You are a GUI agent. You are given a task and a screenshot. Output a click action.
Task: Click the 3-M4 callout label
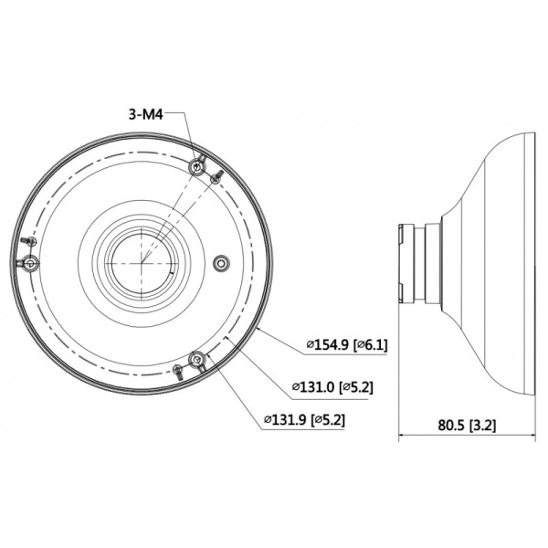(x=144, y=115)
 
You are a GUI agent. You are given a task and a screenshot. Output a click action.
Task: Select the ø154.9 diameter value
(x=328, y=345)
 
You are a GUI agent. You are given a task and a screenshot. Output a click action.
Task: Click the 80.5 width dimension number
(x=449, y=425)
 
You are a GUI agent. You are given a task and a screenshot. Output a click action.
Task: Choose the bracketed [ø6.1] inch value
(x=372, y=345)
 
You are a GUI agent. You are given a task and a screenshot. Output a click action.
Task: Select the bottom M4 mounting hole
(x=195, y=359)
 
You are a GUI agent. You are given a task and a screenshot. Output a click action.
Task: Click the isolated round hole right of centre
(x=218, y=263)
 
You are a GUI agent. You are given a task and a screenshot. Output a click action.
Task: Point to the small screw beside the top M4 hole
(x=216, y=176)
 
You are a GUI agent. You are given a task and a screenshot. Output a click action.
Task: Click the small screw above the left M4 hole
(x=30, y=240)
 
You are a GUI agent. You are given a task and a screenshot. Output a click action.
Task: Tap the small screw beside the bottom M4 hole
(x=178, y=369)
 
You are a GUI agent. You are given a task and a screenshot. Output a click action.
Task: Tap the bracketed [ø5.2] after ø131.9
(x=328, y=420)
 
